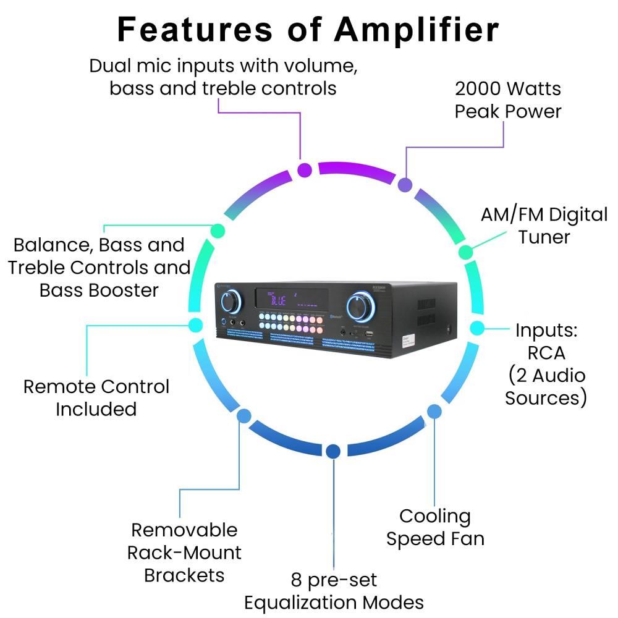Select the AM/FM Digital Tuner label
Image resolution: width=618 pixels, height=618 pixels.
pyautogui.click(x=544, y=226)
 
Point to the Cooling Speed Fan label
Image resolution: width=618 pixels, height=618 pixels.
pyautogui.click(x=435, y=527)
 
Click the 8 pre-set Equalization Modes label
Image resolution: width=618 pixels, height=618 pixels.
pyautogui.click(x=334, y=591)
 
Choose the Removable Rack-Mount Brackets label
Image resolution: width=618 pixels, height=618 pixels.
pyautogui.click(x=184, y=552)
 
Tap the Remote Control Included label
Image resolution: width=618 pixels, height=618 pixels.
pyautogui.click(x=96, y=397)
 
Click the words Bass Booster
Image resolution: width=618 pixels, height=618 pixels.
pyautogui.click(x=99, y=290)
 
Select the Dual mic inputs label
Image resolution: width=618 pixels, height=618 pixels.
pyautogui.click(x=223, y=77)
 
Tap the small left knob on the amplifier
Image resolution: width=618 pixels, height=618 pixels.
pyautogui.click(x=229, y=302)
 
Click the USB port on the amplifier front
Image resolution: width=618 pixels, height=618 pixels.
pyautogui.click(x=368, y=334)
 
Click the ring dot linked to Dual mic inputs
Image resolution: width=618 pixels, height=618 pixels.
pyautogui.click(x=304, y=170)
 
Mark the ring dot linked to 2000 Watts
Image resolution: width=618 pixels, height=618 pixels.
pyautogui.click(x=405, y=184)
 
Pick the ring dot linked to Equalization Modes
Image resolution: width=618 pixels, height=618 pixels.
pyautogui.click(x=333, y=452)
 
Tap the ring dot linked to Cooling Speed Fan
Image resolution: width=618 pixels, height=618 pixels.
pyautogui.click(x=434, y=410)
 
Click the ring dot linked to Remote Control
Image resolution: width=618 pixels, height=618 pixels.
pyautogui.click(x=195, y=324)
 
